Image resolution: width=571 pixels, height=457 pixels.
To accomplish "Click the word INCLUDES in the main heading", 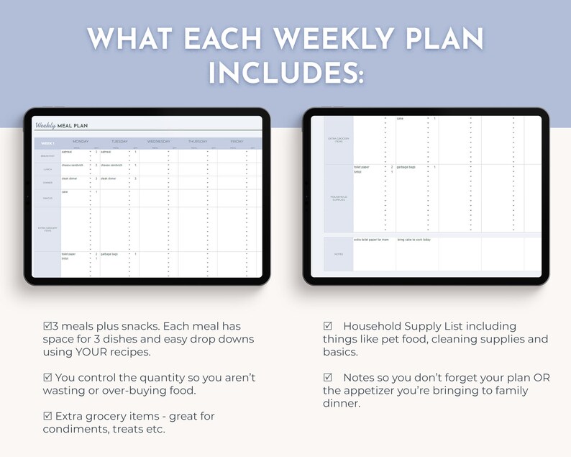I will [285, 72].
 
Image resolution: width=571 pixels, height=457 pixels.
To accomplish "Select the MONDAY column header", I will [81, 142].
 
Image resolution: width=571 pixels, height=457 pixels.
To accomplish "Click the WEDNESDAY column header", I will [159, 142].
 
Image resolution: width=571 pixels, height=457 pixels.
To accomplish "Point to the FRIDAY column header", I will [237, 142].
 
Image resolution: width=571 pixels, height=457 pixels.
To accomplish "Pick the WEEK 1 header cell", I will [47, 143].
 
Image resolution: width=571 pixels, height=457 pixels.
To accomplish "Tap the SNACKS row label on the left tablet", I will [46, 198].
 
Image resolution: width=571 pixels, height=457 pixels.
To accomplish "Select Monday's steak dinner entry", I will [70, 178].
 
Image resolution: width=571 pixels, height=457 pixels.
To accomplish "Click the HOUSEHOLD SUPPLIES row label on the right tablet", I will [339, 198].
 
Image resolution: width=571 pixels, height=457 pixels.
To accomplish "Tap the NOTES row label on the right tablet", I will [339, 254].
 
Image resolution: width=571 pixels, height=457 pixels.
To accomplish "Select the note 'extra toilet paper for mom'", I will [371, 240].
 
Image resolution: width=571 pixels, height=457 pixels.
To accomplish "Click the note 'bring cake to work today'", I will [414, 240].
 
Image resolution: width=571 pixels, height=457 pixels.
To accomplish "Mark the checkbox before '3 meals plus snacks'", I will [47, 326].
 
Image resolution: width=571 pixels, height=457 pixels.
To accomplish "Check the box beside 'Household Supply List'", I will [327, 326].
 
